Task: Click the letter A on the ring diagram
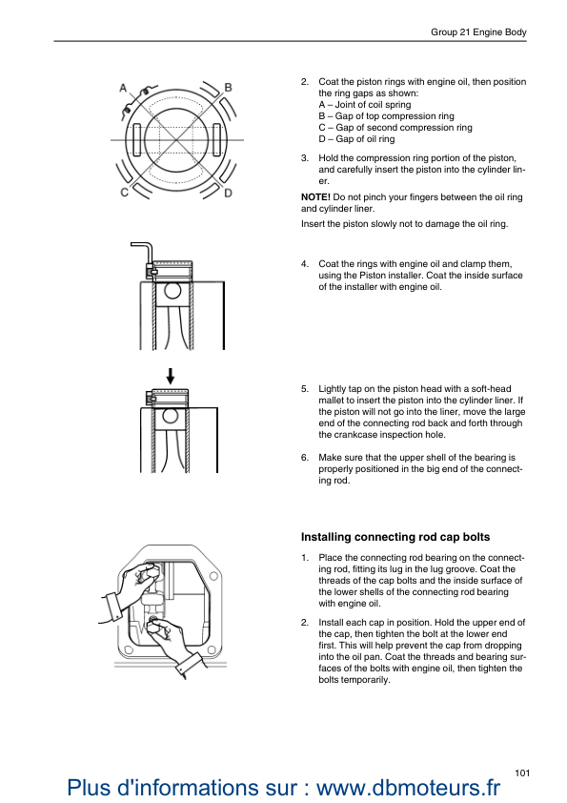(123, 88)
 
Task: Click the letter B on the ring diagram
(229, 88)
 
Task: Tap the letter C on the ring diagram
(124, 193)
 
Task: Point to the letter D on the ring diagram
(229, 193)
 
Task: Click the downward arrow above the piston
(171, 377)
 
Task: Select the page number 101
(522, 772)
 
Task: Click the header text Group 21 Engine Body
(478, 31)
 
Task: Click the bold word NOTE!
(315, 197)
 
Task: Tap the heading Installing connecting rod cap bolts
(395, 537)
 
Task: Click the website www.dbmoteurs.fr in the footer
(408, 787)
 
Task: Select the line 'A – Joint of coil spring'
(364, 105)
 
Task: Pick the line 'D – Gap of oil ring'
(356, 139)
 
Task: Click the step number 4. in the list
(305, 264)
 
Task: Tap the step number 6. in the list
(305, 458)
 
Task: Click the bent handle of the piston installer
(143, 253)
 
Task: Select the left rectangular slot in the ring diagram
(136, 140)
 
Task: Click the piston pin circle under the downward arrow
(171, 417)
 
